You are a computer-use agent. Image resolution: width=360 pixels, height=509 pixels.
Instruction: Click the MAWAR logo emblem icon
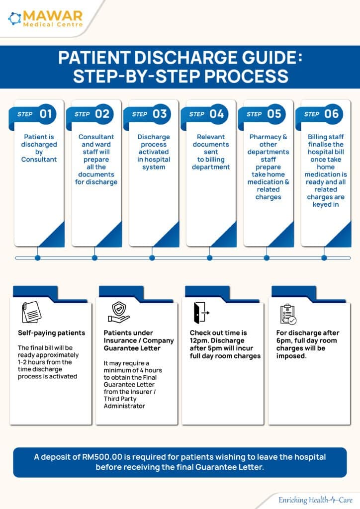pyautogui.click(x=14, y=18)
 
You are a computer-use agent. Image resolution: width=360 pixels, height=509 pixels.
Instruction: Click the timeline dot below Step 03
pyautogui.click(x=152, y=258)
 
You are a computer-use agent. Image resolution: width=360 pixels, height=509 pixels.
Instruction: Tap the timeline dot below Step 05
pyautogui.click(x=267, y=258)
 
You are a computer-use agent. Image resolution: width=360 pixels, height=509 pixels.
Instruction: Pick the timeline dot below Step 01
pyautogui.click(x=38, y=258)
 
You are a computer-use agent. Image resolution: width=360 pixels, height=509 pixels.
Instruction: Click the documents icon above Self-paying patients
pyautogui.click(x=31, y=312)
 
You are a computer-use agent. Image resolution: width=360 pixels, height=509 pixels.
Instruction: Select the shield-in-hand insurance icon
pyautogui.click(x=119, y=312)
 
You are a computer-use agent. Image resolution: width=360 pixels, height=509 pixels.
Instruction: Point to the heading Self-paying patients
pyautogui.click(x=51, y=333)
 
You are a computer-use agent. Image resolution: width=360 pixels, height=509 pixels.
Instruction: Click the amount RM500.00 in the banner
pyautogui.click(x=102, y=457)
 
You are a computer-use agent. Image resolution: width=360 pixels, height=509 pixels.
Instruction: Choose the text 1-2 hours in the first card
pyautogui.click(x=32, y=362)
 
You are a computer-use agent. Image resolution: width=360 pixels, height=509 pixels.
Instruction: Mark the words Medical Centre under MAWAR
pyautogui.click(x=53, y=24)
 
